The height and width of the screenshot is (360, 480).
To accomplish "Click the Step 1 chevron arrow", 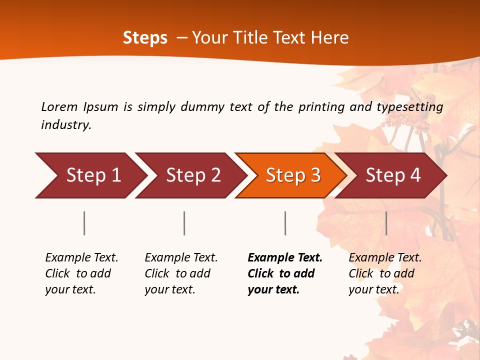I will coord(90,175).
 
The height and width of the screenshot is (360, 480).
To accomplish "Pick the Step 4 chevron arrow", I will coord(392,175).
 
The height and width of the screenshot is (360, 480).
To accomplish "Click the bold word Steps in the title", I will coord(145,38).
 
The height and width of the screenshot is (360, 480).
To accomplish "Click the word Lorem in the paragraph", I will coord(59,107).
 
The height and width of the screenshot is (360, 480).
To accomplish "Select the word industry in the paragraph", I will coord(65,125).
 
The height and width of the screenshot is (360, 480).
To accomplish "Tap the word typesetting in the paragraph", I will coord(409,107).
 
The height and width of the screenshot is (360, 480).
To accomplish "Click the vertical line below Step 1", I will coord(84,223).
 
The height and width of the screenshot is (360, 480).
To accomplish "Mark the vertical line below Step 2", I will coord(184,223).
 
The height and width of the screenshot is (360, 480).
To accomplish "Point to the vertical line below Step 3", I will coord(285,223).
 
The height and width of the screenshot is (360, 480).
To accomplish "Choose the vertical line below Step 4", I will coord(386,223).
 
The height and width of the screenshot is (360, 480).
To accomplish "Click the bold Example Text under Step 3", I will coord(285,258).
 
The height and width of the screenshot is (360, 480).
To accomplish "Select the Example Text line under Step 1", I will coord(81,258).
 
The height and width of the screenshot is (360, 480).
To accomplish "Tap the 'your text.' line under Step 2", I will coord(169,290).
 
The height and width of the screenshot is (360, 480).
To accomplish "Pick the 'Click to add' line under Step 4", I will coord(381,274).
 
